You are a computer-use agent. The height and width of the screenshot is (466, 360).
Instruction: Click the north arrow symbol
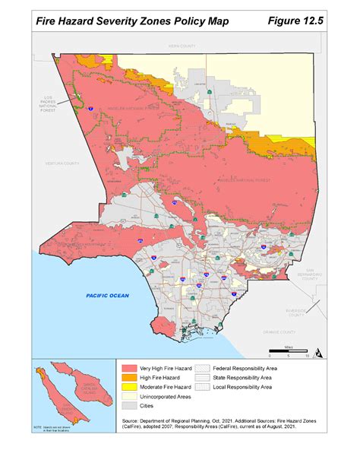319,353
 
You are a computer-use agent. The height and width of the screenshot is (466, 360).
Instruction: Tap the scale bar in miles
289,352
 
